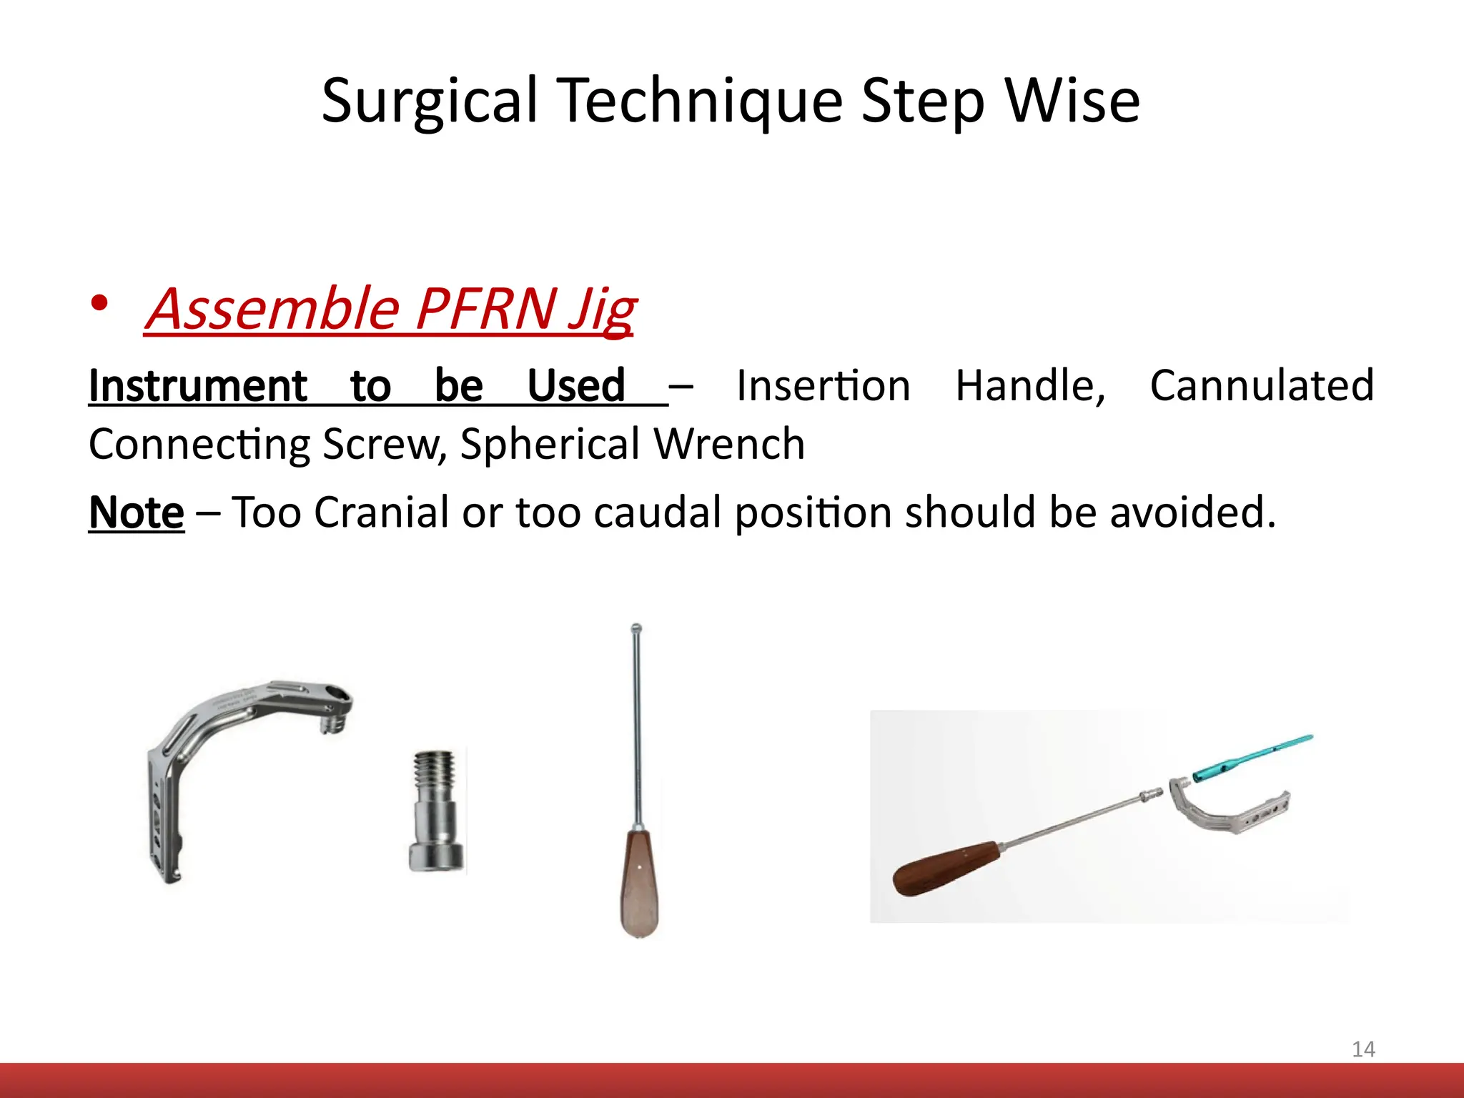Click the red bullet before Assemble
[100, 304]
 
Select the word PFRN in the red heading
[485, 309]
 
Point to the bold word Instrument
[197, 386]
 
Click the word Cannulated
[1262, 386]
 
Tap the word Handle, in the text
[1030, 386]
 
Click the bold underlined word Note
[136, 513]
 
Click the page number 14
[1363, 1049]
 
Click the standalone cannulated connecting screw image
[436, 811]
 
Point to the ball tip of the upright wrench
[636, 629]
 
